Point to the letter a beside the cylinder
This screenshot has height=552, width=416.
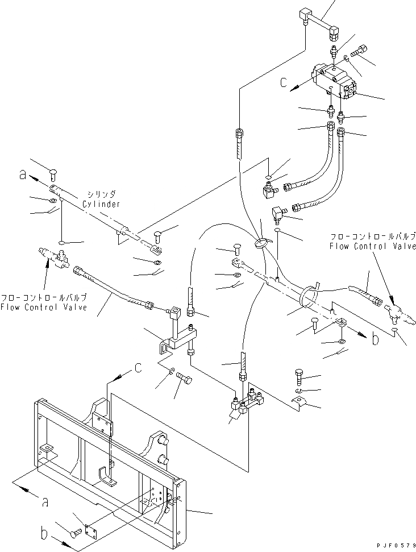click(x=22, y=176)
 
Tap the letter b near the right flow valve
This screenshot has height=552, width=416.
click(x=375, y=339)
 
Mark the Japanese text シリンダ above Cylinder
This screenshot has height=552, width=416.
click(x=102, y=193)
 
